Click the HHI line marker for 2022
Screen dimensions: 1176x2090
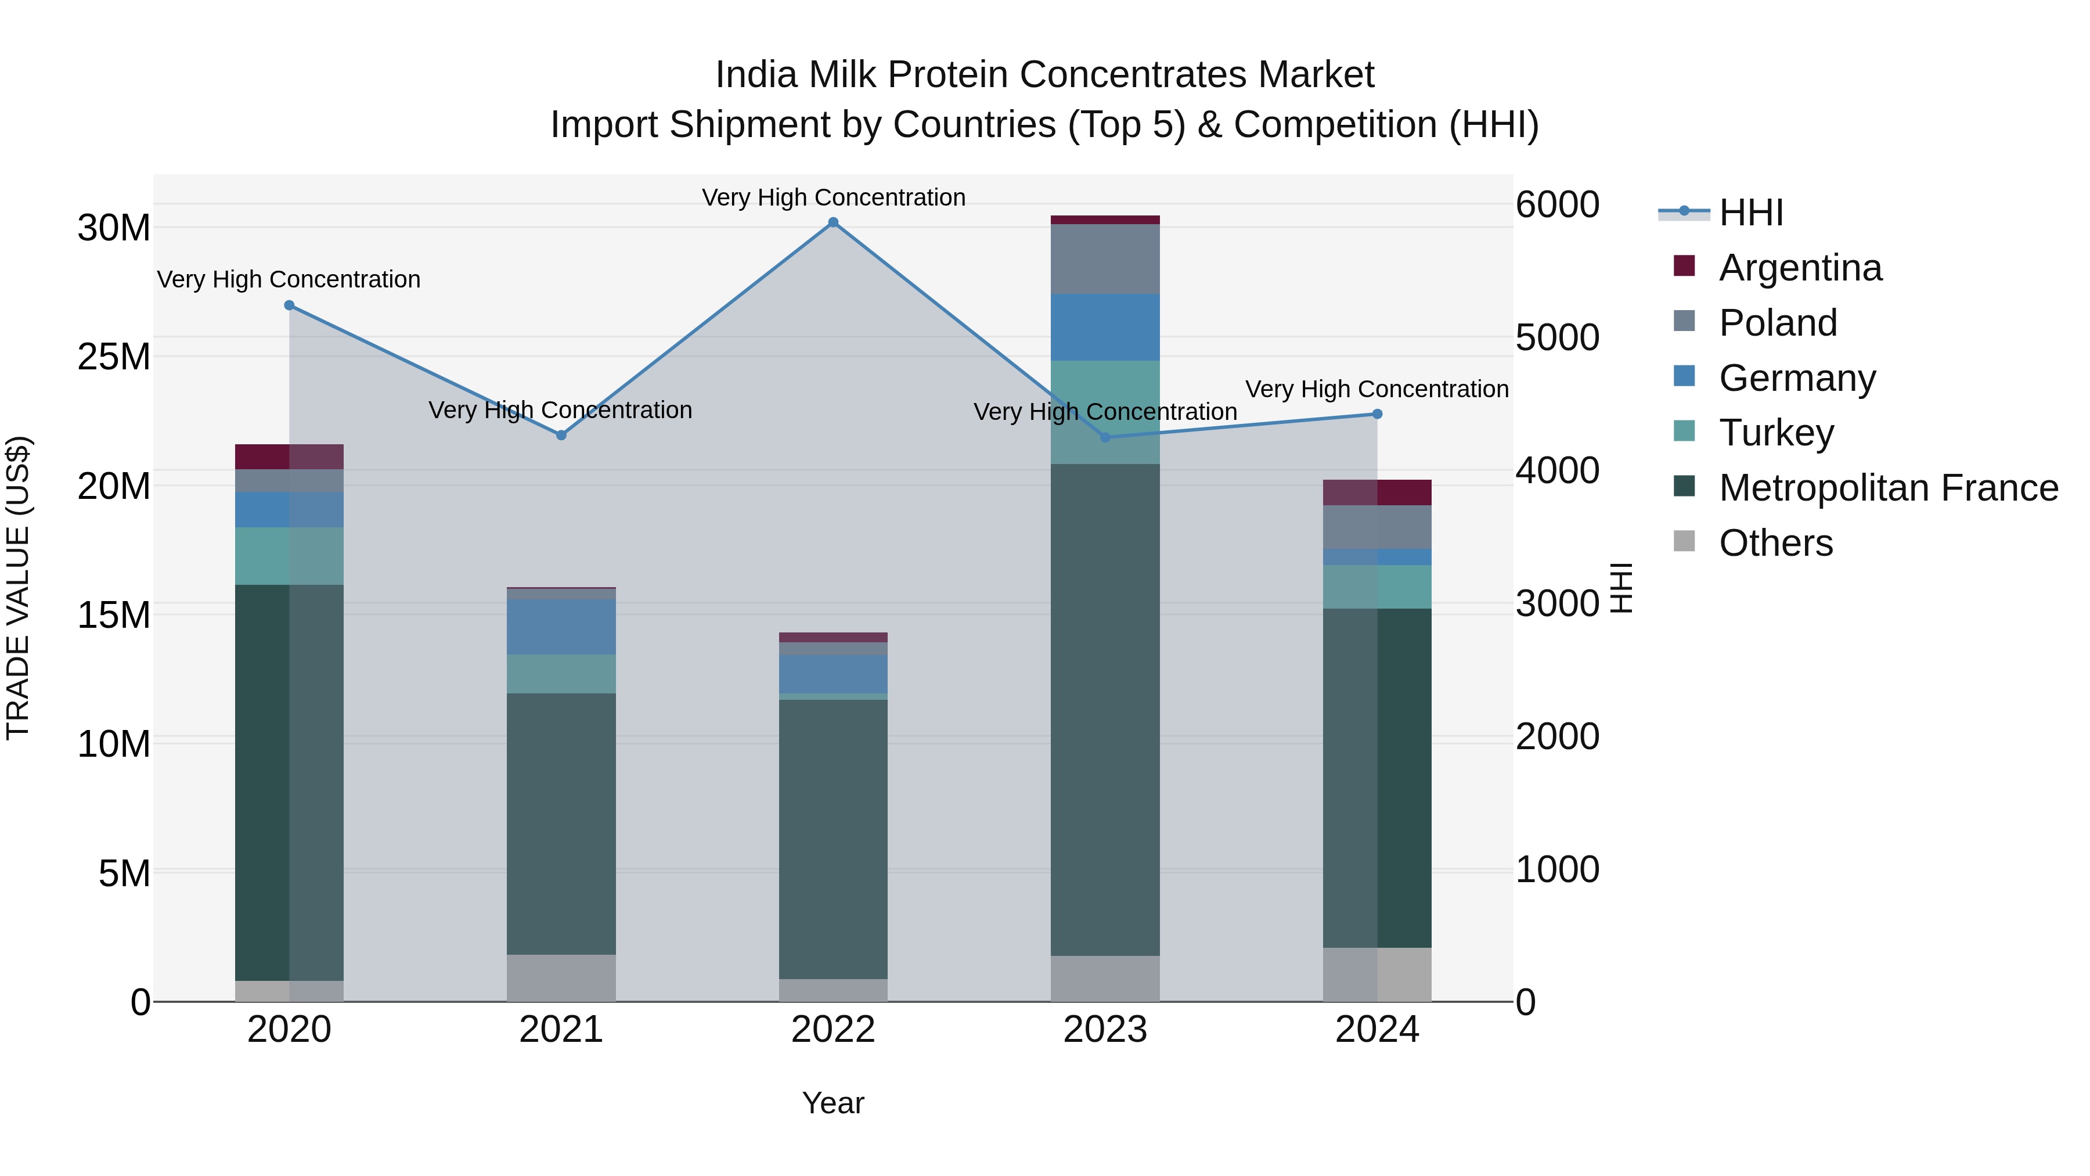click(x=833, y=222)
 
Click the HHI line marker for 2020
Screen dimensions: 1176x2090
click(x=290, y=305)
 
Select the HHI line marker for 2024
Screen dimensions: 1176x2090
click(x=1377, y=414)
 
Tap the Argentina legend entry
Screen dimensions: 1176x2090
click(x=1800, y=268)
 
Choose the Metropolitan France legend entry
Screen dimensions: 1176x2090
click(x=1888, y=488)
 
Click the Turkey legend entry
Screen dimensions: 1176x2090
click(x=1776, y=433)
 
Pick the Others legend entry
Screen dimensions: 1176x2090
click(x=1775, y=543)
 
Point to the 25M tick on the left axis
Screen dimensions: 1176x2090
click(x=114, y=357)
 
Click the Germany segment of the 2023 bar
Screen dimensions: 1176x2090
click(x=1105, y=327)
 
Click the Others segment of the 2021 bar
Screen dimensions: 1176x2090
click(x=561, y=977)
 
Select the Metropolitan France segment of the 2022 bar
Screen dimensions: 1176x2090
click(x=833, y=839)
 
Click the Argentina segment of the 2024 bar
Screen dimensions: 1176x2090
click(x=1377, y=492)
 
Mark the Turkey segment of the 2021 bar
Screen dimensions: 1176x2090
click(x=561, y=674)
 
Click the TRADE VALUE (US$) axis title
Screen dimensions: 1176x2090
click(x=18, y=588)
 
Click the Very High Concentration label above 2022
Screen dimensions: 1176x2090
click(x=833, y=197)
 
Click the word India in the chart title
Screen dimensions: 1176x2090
click(x=755, y=75)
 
